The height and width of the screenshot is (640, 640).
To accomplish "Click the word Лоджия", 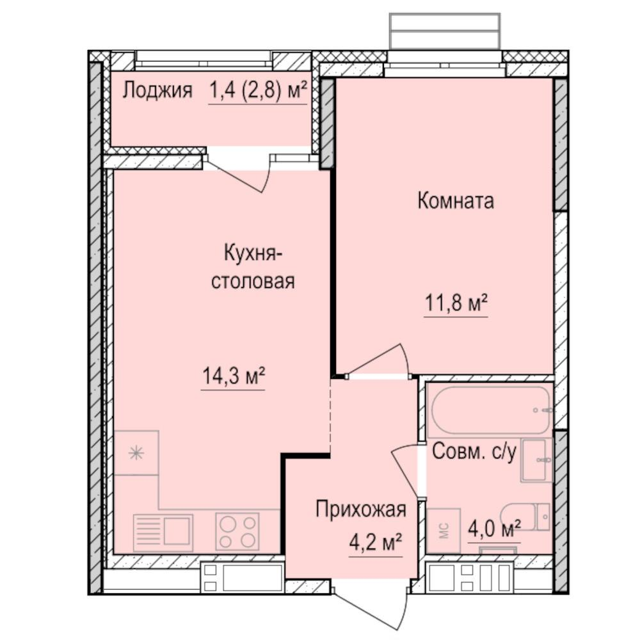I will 157,90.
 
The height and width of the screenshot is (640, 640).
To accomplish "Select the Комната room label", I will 456,201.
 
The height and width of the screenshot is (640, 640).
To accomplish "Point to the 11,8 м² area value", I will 456,302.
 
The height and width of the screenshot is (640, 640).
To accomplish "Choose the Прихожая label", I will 361,509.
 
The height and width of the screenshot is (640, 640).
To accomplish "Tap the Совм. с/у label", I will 474,452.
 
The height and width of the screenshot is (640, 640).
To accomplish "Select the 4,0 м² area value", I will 493,529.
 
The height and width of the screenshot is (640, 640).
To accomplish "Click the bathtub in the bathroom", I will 491,410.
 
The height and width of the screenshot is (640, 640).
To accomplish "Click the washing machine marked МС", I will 444,531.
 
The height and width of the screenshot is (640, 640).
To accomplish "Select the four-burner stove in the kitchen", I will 237,531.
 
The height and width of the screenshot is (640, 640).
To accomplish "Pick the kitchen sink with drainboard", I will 163,531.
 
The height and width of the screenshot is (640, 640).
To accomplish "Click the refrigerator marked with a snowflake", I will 136,453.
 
